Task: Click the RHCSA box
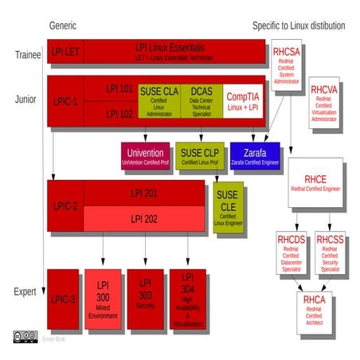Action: (287, 67)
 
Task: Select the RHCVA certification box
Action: (324, 104)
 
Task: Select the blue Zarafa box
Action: (255, 155)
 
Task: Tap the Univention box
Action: (146, 155)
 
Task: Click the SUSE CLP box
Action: (200, 155)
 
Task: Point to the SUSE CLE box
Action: (229, 208)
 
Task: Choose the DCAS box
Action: (201, 99)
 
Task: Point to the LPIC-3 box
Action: (62, 299)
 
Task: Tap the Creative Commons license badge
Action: (25, 338)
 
